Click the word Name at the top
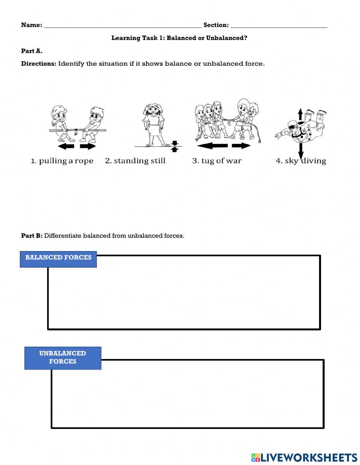[x=31, y=25]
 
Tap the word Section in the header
[x=215, y=25]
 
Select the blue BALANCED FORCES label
[x=58, y=258]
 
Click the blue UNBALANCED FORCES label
[x=63, y=357]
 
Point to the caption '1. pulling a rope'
[x=62, y=161]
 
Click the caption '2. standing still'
[x=135, y=161]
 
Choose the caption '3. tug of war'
[x=217, y=161]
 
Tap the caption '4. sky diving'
[x=301, y=161]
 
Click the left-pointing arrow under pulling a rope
[x=66, y=146]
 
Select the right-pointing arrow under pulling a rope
[x=88, y=146]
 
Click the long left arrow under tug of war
[x=212, y=146]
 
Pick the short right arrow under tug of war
[x=241, y=146]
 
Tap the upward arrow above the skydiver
[x=300, y=114]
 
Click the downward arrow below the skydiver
[x=301, y=149]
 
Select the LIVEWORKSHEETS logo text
[x=308, y=457]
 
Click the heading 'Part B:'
[x=32, y=236]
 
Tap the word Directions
[x=39, y=64]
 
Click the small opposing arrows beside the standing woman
[x=175, y=146]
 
